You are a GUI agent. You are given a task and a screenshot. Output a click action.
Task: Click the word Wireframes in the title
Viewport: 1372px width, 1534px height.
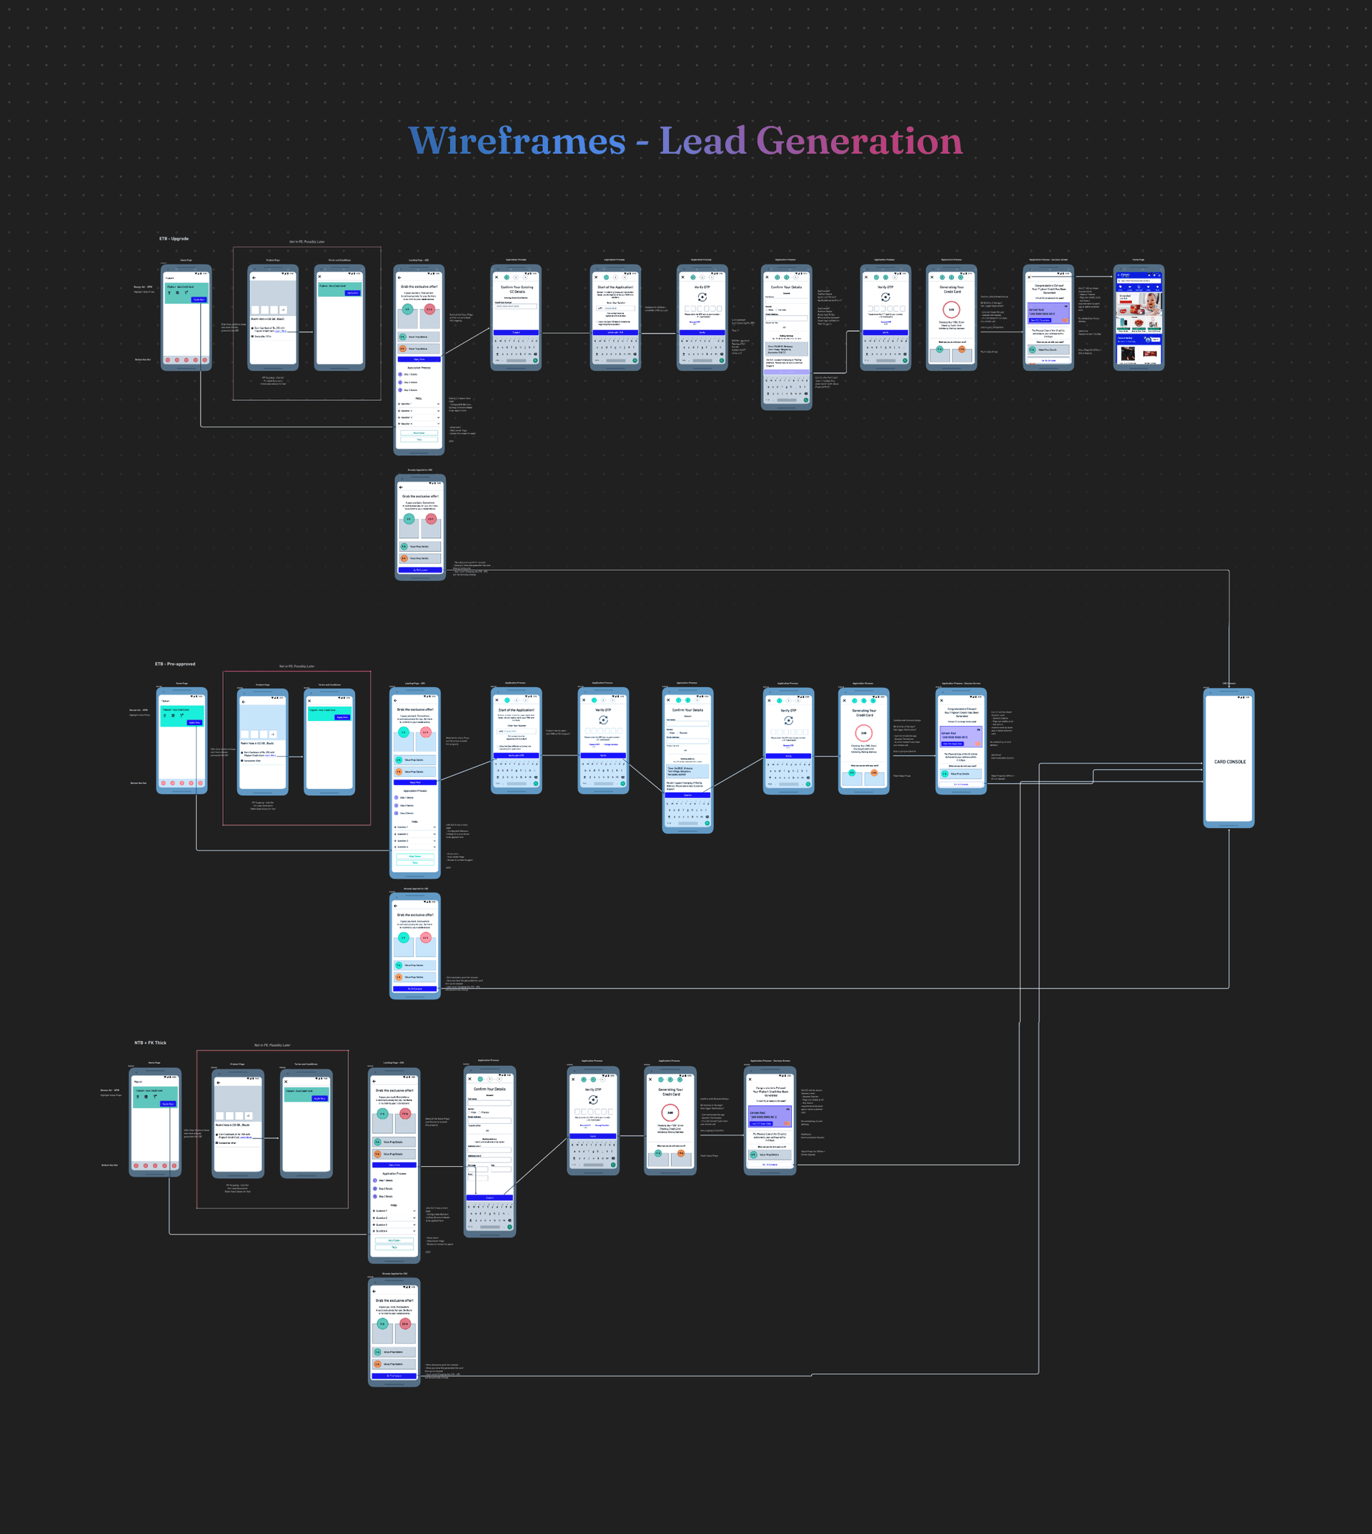tap(517, 141)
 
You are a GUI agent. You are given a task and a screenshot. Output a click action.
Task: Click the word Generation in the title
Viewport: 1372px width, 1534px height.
tap(859, 141)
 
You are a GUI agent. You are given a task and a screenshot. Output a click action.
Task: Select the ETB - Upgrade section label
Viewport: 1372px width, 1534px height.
tap(174, 239)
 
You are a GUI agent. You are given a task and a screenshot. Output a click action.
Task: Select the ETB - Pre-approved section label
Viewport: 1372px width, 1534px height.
tap(175, 664)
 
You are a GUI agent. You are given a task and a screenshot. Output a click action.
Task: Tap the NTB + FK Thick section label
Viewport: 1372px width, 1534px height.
tap(150, 1042)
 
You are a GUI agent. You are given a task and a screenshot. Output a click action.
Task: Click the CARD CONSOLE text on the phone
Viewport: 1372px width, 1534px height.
tap(1230, 762)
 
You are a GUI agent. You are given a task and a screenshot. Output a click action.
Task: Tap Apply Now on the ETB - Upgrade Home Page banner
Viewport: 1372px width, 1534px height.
tap(198, 299)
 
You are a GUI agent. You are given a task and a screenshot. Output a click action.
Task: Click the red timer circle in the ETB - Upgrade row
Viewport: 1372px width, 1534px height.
tap(951, 309)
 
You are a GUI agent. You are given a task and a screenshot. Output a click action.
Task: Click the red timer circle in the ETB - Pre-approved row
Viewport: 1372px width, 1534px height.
tap(864, 732)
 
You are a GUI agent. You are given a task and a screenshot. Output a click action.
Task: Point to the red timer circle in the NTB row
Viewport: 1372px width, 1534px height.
tap(670, 1112)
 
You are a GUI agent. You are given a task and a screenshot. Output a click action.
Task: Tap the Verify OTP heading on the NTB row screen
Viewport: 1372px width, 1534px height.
tap(593, 1090)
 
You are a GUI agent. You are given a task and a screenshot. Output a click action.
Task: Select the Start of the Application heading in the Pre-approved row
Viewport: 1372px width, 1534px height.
tap(517, 709)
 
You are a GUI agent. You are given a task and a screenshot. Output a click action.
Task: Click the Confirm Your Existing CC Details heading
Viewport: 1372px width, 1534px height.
tap(517, 289)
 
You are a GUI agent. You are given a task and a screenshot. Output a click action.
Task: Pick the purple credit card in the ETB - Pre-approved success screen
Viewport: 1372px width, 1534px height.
tap(961, 736)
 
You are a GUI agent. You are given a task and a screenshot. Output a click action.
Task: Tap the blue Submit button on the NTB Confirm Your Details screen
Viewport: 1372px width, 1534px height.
tap(489, 1197)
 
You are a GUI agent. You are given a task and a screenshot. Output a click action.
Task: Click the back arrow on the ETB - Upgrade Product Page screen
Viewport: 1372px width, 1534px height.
tap(254, 277)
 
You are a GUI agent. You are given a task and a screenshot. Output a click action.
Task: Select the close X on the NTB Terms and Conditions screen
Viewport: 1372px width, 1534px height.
tap(286, 1082)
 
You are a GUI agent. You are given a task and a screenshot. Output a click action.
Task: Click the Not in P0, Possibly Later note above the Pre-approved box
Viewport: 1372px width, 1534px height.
tap(297, 667)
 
